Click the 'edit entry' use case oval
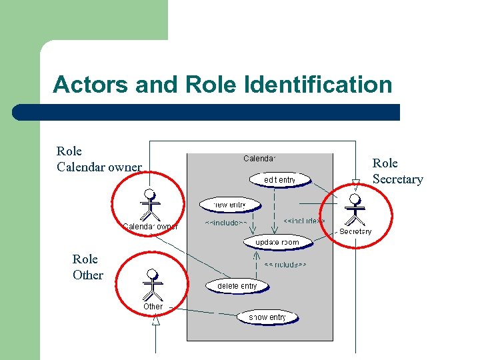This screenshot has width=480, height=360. (280, 179)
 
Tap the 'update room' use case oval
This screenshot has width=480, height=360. (277, 242)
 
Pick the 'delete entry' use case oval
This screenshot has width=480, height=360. (237, 285)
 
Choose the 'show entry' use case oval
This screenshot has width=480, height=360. (267, 317)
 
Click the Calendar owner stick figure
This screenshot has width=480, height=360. (151, 205)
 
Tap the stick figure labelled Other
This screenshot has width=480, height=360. (153, 285)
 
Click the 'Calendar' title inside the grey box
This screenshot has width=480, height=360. (259, 159)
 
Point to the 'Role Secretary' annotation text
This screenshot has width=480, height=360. (397, 171)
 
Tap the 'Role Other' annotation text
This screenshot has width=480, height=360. (88, 267)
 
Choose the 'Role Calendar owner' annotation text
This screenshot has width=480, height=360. (99, 159)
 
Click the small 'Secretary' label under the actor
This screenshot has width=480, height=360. (355, 231)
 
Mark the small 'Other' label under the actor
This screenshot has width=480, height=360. (153, 307)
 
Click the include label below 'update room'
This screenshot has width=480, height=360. (285, 265)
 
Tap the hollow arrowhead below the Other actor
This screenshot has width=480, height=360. (156, 320)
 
